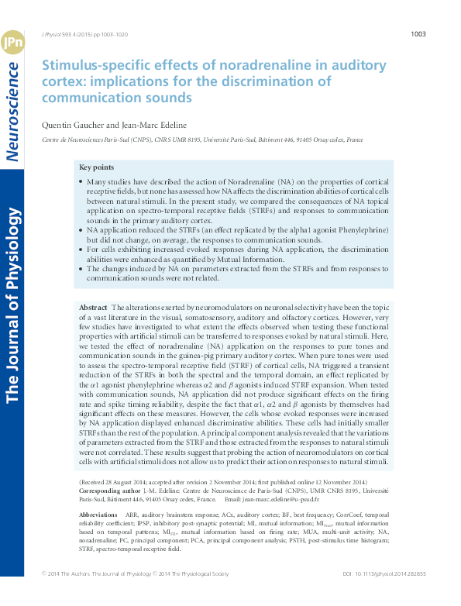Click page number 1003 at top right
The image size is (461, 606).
point(418,34)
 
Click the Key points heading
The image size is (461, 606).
point(97,167)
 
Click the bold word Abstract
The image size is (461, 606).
point(94,308)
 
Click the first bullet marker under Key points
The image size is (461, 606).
point(81,181)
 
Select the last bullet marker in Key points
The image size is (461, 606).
point(81,268)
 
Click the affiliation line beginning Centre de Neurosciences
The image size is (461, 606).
point(202,140)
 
